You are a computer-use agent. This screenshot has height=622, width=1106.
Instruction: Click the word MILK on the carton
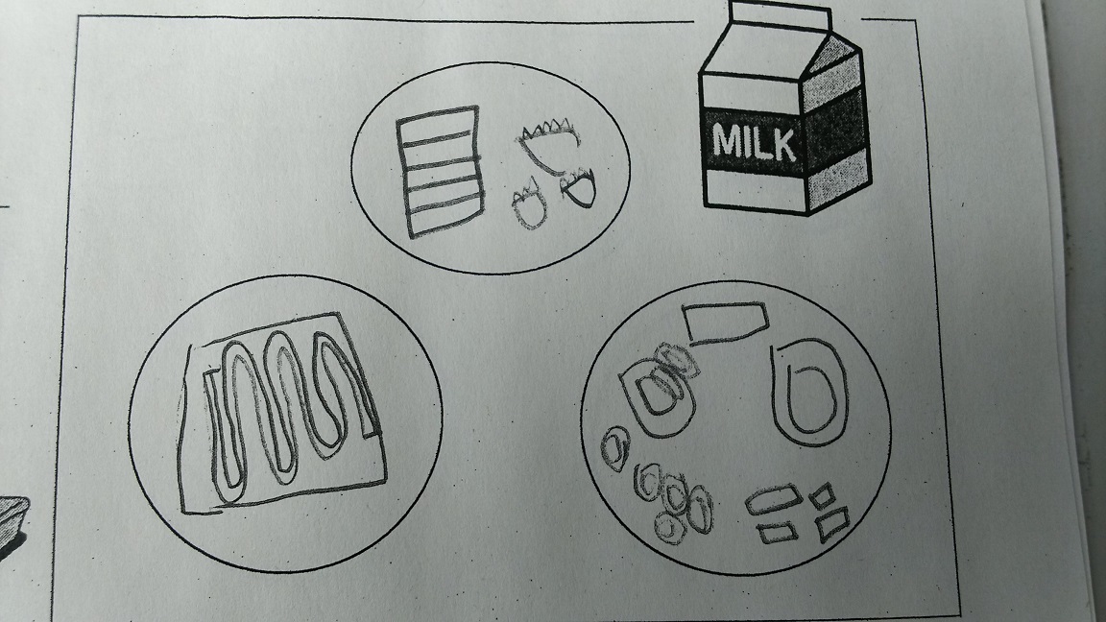[755, 143]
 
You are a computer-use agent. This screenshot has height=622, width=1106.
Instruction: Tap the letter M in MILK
[727, 141]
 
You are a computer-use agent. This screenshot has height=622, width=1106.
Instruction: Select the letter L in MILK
[762, 144]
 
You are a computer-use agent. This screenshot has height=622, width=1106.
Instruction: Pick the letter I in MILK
[749, 142]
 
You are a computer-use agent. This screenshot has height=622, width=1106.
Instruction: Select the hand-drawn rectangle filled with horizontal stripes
[441, 172]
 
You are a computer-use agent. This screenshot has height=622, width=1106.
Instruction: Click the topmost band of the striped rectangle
[439, 124]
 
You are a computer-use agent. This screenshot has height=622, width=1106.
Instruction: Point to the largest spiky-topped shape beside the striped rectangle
[550, 146]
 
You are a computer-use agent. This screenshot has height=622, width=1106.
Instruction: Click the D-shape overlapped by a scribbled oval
[656, 397]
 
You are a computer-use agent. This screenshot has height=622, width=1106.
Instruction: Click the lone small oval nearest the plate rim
[615, 448]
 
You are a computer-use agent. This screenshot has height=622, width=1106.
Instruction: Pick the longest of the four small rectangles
[774, 500]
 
